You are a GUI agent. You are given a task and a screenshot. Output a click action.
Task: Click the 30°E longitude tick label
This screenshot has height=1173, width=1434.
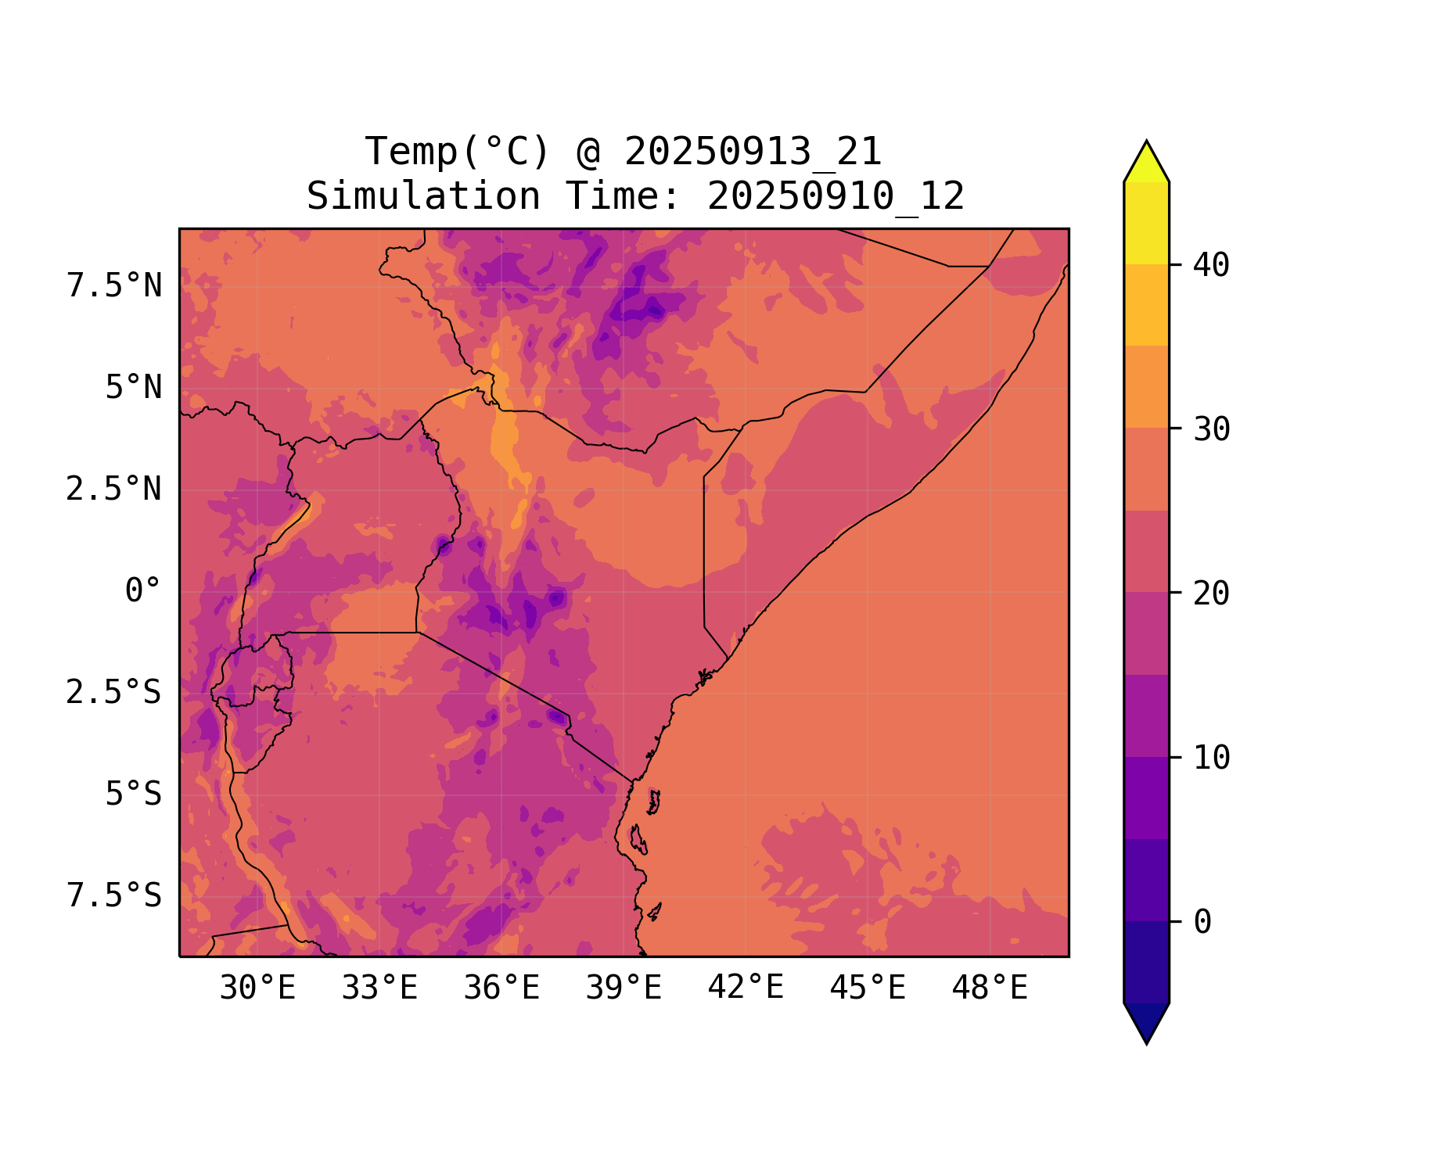pos(257,988)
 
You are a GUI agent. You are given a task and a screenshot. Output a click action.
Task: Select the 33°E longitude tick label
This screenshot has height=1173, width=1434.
pos(379,988)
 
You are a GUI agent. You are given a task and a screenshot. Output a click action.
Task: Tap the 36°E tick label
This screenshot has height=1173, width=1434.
pos(501,988)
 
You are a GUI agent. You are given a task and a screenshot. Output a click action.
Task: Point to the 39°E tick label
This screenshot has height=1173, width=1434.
pos(624,988)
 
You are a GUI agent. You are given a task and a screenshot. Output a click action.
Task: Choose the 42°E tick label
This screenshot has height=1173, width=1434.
pos(746,988)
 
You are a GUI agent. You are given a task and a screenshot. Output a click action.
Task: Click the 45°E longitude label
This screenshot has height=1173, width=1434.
pos(868,988)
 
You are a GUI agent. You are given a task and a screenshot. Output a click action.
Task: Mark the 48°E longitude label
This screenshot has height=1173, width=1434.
pos(990,988)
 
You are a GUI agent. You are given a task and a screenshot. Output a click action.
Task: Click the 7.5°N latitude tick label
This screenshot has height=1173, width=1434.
pos(114,286)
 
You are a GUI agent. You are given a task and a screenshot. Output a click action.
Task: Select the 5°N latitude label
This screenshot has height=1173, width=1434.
pos(134,388)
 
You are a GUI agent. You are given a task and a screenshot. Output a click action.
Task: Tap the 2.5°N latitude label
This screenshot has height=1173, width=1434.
pos(114,490)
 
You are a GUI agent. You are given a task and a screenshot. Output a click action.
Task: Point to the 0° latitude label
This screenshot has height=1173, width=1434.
pos(143,591)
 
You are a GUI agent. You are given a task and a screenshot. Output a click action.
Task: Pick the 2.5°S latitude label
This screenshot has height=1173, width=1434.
pos(114,693)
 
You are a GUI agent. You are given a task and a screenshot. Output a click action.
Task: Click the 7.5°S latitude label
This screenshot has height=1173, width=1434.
pos(114,896)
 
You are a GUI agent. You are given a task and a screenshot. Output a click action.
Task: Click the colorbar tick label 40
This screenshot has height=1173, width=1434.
pos(1211,265)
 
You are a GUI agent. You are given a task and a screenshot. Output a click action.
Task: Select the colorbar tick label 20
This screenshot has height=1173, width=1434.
pos(1211,594)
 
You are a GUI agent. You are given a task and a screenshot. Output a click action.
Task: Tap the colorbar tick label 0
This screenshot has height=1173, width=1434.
pos(1202,922)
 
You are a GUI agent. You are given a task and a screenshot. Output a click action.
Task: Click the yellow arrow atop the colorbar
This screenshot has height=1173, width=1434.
pos(1146,163)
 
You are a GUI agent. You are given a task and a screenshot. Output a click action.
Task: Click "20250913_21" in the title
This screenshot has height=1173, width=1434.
pos(753,152)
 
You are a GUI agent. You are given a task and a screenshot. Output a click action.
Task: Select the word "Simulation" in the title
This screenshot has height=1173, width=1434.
pos(423,196)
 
